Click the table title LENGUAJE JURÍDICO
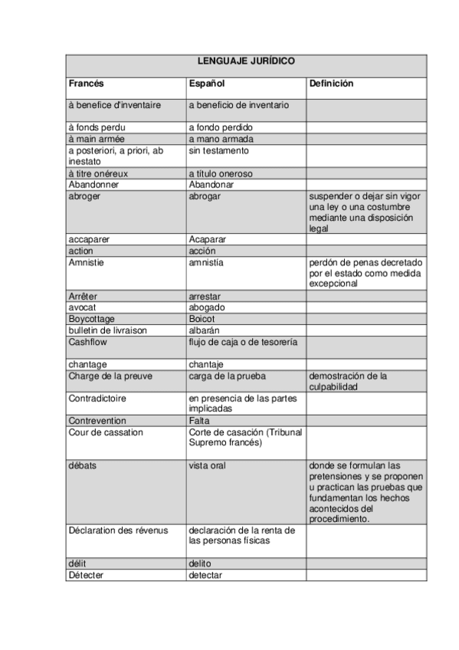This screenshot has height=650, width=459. [x=246, y=61]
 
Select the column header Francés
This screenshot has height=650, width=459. [x=86, y=83]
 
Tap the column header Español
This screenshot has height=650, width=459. [x=207, y=83]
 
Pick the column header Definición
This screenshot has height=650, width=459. [x=331, y=83]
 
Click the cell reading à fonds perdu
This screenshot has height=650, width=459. [x=97, y=127]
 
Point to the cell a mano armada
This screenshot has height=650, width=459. [x=221, y=140]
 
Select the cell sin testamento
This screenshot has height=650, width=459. [x=219, y=151]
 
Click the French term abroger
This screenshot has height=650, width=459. [x=84, y=196]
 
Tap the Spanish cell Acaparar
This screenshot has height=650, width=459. [x=208, y=239]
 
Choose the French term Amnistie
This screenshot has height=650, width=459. [x=87, y=262]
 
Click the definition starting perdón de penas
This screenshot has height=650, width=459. [x=366, y=273]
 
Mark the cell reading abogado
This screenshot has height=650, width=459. [x=207, y=307]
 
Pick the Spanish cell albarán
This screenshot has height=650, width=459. [x=205, y=330]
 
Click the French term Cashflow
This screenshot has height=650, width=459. [x=88, y=342]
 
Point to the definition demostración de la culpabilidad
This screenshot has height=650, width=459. [x=348, y=381]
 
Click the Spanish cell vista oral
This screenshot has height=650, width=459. [x=208, y=465]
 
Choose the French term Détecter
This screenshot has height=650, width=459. [x=86, y=575]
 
